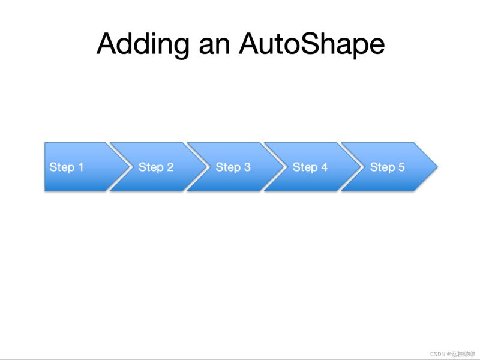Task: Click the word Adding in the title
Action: point(143,44)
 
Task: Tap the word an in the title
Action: point(214,47)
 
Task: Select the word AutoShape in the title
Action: point(311,45)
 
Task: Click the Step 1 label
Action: point(67,167)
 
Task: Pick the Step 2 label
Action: point(156,167)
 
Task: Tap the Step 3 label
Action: point(233,167)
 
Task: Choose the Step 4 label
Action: point(310,167)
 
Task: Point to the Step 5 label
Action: point(387,167)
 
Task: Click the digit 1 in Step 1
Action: point(81,167)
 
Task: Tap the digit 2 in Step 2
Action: point(170,167)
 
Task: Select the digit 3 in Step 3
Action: point(247,167)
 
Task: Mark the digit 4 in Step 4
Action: point(324,167)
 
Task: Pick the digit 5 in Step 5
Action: point(401,167)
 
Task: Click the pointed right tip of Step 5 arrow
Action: point(437,167)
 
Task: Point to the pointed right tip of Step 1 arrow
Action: point(129,167)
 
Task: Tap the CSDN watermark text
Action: point(452,354)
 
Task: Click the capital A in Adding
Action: point(107,44)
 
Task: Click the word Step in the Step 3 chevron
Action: point(228,167)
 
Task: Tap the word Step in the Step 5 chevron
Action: point(382,167)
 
